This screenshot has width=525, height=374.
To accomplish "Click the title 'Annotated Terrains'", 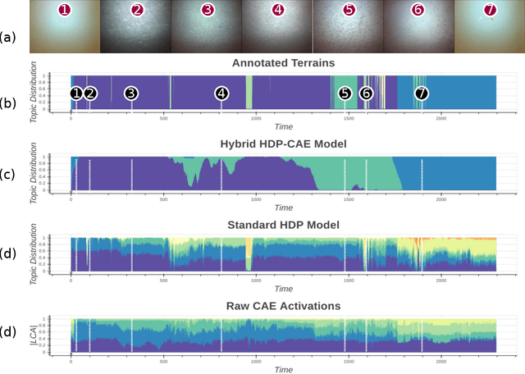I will pyautogui.click(x=283, y=62).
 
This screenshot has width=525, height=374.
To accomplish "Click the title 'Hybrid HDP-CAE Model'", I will pyautogui.click(x=283, y=144).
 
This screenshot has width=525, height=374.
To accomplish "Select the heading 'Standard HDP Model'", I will pyautogui.click(x=283, y=225).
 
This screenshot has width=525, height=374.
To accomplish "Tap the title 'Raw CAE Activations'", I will pyautogui.click(x=283, y=306).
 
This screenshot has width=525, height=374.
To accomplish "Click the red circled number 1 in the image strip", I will pyautogui.click(x=65, y=10).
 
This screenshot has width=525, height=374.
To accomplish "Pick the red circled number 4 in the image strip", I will pyautogui.click(x=278, y=10).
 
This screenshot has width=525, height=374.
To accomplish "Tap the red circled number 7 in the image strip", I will pyautogui.click(x=491, y=10).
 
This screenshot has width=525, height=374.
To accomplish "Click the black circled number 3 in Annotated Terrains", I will pyautogui.click(x=131, y=93).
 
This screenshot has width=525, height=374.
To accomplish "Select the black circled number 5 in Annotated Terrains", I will pyautogui.click(x=345, y=93).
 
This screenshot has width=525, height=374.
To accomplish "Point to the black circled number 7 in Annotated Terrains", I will pyautogui.click(x=422, y=93).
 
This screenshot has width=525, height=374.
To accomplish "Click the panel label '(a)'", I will pyautogui.click(x=7, y=36).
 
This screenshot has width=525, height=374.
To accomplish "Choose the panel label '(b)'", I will pyautogui.click(x=7, y=103).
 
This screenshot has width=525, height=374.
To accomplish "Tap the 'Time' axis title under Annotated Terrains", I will pyautogui.click(x=283, y=126).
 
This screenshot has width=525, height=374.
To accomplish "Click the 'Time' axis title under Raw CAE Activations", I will pyautogui.click(x=283, y=369).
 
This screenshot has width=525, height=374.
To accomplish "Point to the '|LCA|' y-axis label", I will pyautogui.click(x=33, y=335).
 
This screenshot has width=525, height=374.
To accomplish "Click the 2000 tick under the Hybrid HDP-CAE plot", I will pyautogui.click(x=441, y=199).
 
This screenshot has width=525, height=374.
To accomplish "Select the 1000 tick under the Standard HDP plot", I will pyautogui.click(x=256, y=280).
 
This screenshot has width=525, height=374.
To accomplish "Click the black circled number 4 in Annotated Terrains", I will pyautogui.click(x=221, y=93).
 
